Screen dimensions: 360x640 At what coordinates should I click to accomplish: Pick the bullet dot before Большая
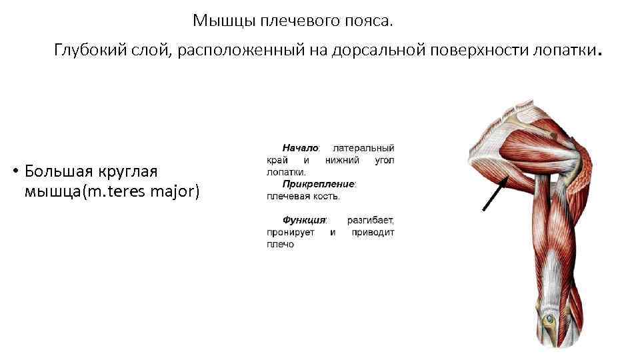click(14, 171)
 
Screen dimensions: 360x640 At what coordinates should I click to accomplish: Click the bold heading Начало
click(300, 147)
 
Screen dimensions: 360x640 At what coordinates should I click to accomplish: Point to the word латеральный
click(363, 147)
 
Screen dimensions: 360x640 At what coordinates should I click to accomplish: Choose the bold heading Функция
click(304, 219)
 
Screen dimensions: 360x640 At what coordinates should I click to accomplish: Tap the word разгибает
click(371, 219)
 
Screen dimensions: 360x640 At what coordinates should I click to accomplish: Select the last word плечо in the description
click(280, 245)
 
